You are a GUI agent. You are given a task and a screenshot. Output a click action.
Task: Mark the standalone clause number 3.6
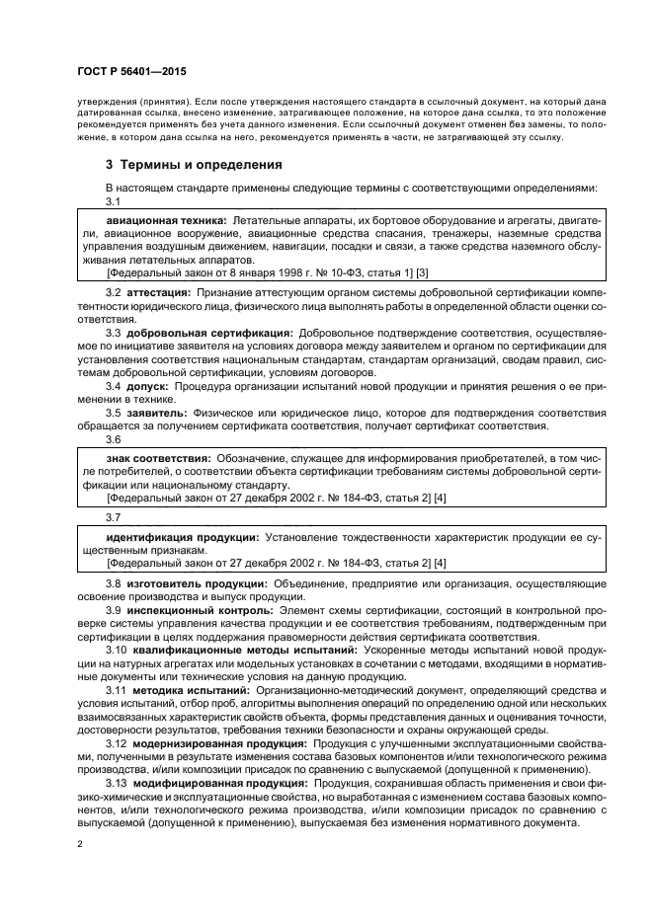114,439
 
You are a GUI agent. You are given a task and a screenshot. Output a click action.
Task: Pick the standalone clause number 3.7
114,516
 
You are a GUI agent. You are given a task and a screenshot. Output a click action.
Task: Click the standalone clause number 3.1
114,200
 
